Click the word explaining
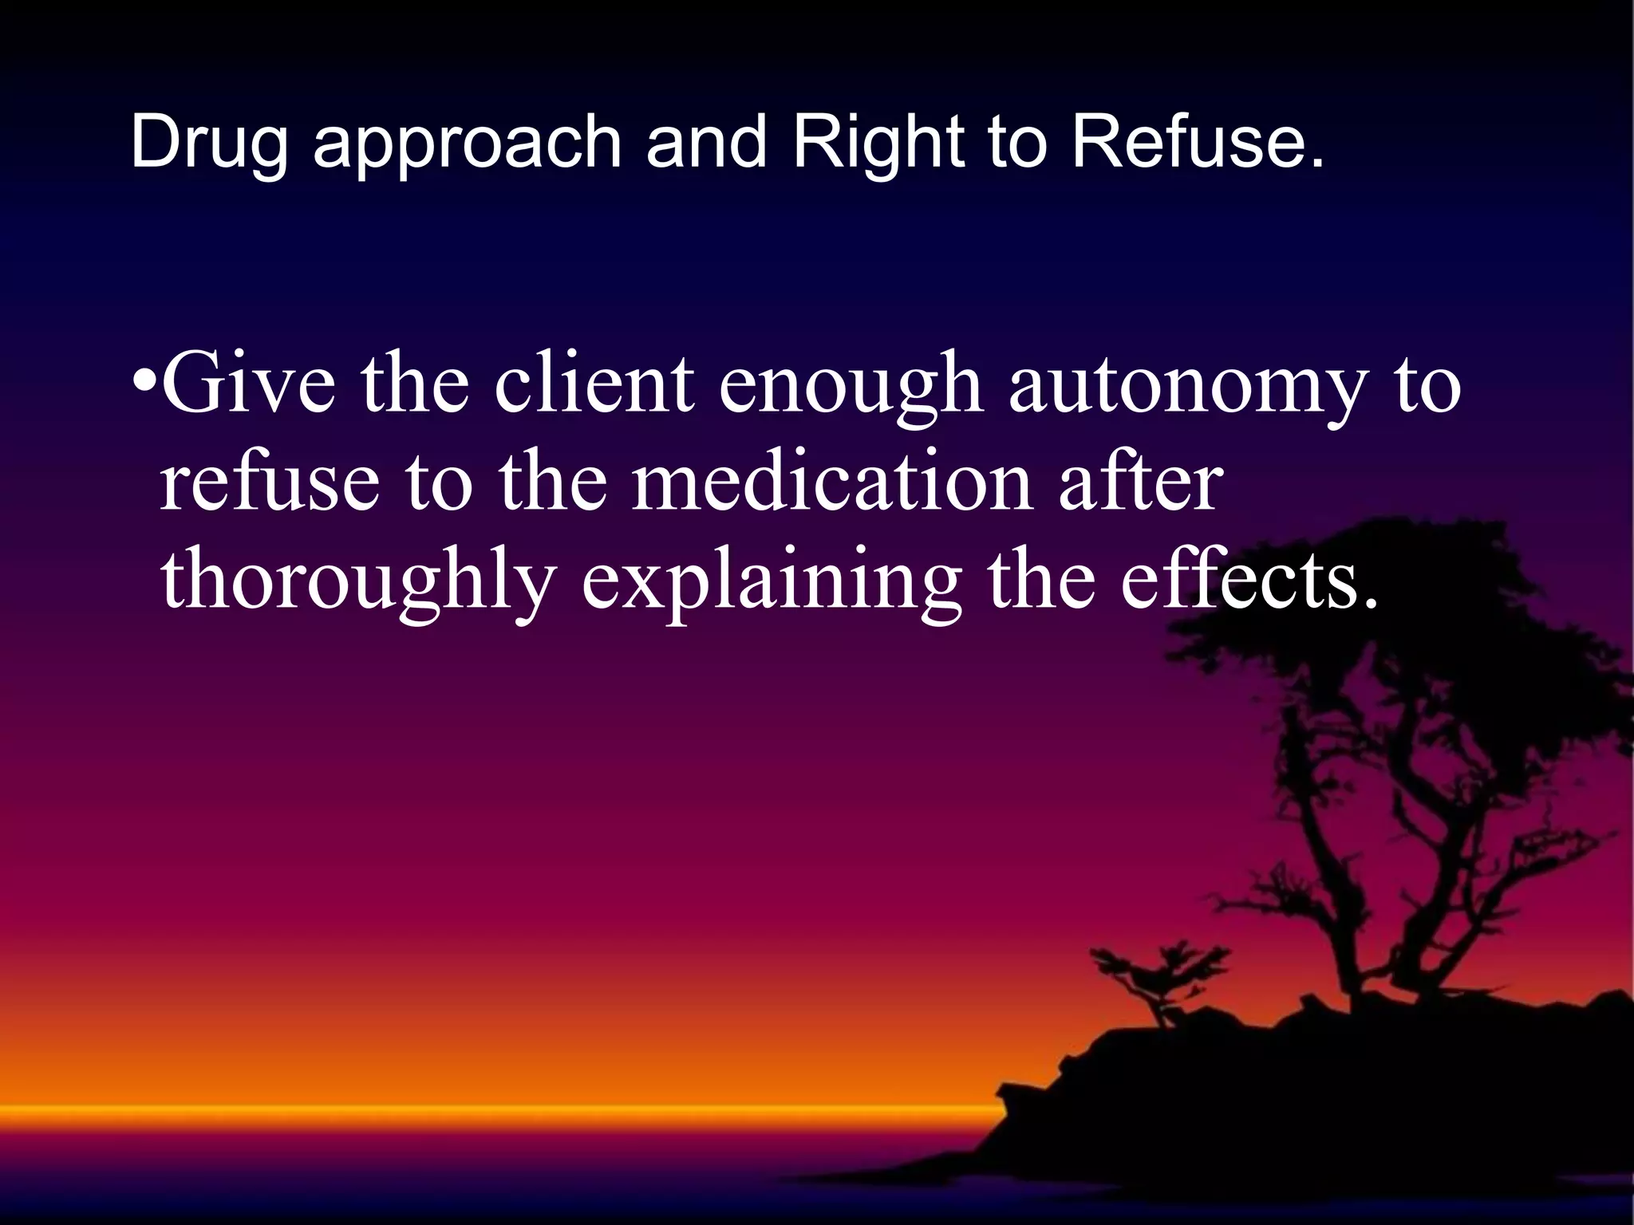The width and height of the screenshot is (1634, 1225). point(771,582)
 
